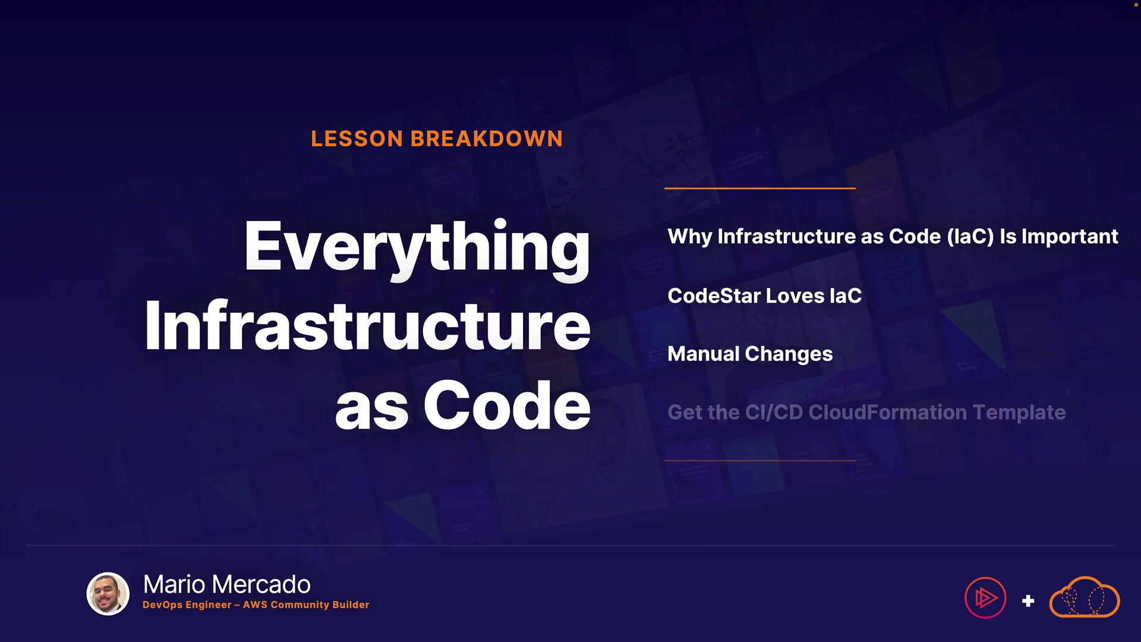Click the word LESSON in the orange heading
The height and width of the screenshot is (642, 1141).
[357, 139]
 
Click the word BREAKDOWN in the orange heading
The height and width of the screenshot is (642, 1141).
[487, 139]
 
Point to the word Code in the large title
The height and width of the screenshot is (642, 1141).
[507, 405]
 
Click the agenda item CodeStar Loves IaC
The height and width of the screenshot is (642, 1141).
[764, 295]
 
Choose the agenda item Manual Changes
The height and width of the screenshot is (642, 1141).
[750, 354]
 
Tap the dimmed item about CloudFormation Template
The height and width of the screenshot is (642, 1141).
[866, 413]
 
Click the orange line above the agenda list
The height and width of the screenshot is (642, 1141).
[760, 188]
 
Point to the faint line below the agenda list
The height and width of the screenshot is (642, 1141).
[760, 461]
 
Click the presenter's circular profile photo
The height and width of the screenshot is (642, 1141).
[108, 594]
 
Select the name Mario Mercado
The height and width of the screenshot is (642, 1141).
[227, 584]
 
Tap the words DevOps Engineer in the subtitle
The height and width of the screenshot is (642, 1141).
[187, 605]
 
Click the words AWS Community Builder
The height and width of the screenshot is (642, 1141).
[306, 605]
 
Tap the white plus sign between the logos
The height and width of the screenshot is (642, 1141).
[1028, 601]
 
